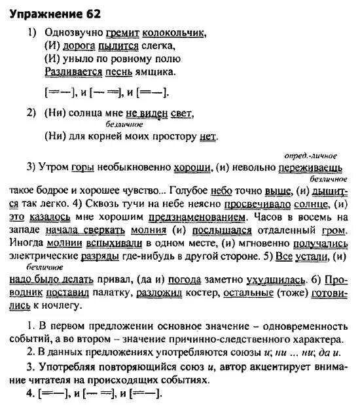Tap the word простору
pos(173,137)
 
